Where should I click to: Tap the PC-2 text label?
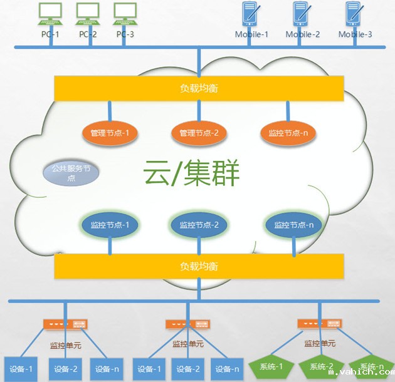[x=88, y=34]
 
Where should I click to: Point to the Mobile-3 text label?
[x=355, y=34]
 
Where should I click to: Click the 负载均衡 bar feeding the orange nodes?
[x=199, y=88]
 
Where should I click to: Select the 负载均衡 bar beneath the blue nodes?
[x=199, y=267]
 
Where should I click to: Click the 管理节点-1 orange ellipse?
[x=110, y=133]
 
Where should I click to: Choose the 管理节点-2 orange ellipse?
[x=199, y=133]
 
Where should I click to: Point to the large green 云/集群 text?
[x=191, y=173]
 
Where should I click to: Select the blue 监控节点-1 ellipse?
[x=110, y=225]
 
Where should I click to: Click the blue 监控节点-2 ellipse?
[x=199, y=225]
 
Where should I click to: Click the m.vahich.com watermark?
[x=361, y=373]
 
